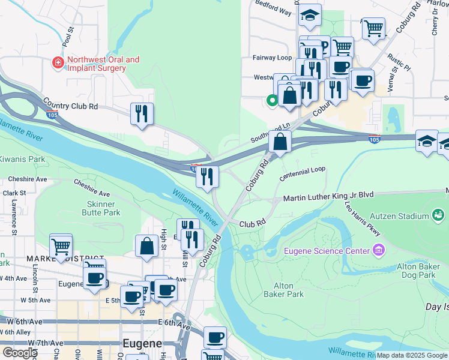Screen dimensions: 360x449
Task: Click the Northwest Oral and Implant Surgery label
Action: [103, 64]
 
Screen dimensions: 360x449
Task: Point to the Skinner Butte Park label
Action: [100, 208]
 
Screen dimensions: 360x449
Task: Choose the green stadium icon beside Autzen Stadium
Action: [439, 215]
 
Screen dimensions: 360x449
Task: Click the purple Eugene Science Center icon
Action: [378, 249]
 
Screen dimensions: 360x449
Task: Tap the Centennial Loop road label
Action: [303, 173]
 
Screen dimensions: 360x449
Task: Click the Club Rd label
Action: [252, 223]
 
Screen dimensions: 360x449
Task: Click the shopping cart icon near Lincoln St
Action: [61, 245]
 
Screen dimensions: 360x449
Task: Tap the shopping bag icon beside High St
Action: [146, 245]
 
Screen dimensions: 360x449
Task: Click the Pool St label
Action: [70, 37]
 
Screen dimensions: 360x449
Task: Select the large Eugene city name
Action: [142, 344]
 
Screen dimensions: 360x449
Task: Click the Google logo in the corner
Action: [19, 353]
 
